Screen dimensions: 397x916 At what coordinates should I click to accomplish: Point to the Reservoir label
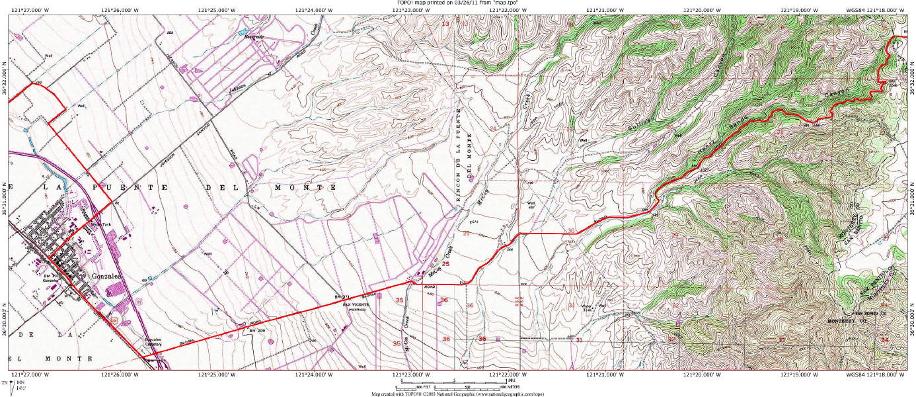pos(254,38)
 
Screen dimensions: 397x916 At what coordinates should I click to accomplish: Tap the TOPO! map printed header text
pos(458,3)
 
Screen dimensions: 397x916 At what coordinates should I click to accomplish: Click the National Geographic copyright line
pos(457,393)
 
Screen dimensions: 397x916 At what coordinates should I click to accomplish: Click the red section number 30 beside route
pos(571,231)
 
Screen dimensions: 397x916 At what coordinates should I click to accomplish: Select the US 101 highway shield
pos(115,320)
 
